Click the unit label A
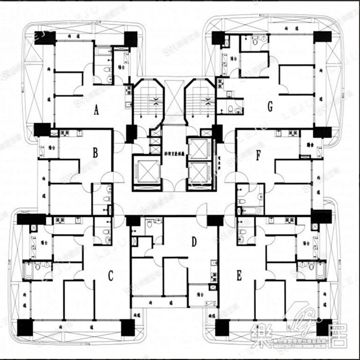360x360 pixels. (x=96, y=110)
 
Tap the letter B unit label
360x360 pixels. (x=95, y=152)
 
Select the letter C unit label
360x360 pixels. (x=111, y=276)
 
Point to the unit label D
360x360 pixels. (x=194, y=242)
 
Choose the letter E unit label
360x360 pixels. (x=239, y=275)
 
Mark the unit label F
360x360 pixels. (x=259, y=156)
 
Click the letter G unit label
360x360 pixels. (x=270, y=106)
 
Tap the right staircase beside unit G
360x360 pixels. (x=200, y=99)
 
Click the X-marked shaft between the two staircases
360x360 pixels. (x=174, y=98)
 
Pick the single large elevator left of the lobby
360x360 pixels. (x=147, y=171)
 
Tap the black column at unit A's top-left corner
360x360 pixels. (x=42, y=38)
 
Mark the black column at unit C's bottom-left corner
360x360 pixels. (x=25, y=328)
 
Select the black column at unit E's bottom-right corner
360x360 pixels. (x=324, y=327)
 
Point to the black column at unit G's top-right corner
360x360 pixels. (x=322, y=37)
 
